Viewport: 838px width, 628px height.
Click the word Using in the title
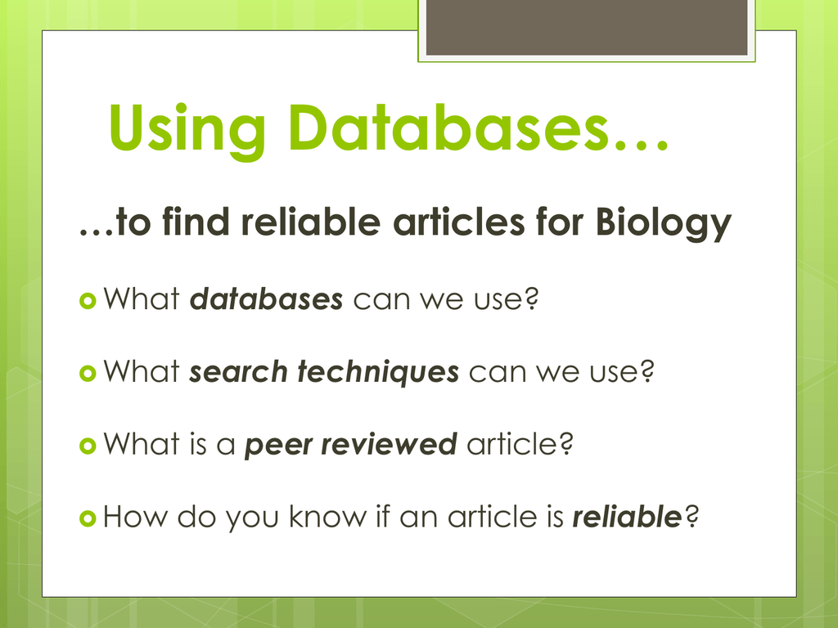click(187, 130)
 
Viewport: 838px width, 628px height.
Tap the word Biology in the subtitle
click(663, 223)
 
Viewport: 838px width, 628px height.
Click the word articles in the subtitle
click(459, 221)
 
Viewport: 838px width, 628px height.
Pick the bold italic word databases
click(266, 298)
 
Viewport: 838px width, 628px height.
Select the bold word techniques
click(378, 372)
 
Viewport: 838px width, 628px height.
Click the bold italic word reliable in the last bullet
click(627, 517)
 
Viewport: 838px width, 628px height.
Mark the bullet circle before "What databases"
click(87, 301)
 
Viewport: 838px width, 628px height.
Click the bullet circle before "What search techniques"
click(87, 373)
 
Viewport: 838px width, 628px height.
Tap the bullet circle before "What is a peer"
click(87, 446)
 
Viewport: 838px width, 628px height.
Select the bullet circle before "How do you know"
click(87, 518)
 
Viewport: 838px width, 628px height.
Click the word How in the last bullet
click(135, 517)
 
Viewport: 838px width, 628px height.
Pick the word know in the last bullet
click(328, 517)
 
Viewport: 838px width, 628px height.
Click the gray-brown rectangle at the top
click(586, 27)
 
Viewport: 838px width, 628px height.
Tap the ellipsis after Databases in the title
click(641, 146)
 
